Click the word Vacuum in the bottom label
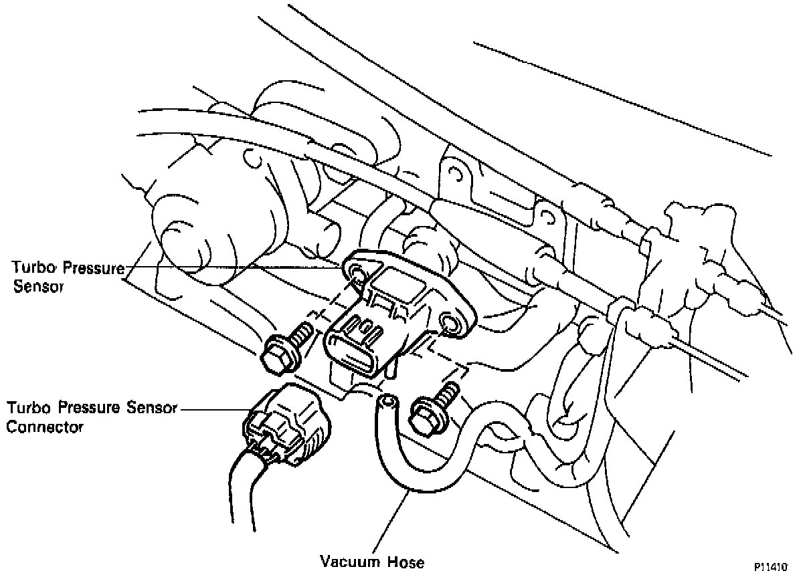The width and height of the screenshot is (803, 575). pos(348,562)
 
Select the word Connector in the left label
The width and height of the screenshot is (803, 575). pos(45,427)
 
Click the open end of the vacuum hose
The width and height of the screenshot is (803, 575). pos(386,402)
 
